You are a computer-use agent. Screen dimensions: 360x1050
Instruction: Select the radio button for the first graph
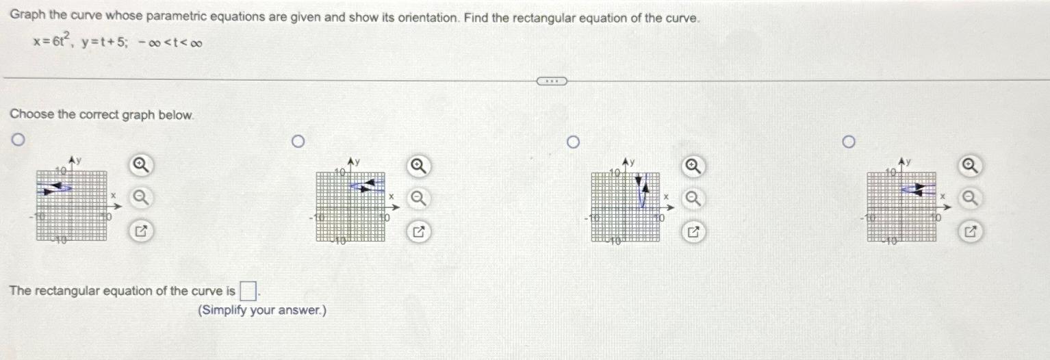point(20,141)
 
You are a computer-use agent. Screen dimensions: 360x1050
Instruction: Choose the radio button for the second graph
point(296,142)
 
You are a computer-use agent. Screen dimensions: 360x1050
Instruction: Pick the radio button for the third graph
point(574,142)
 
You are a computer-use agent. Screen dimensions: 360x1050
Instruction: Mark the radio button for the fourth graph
point(849,142)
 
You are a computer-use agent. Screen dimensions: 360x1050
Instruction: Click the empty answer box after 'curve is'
point(249,292)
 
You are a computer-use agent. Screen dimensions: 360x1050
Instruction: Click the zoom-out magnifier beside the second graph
point(418,198)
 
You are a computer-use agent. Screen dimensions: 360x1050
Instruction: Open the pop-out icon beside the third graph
point(693,232)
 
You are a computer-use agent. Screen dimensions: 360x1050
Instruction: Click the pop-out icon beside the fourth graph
point(970,232)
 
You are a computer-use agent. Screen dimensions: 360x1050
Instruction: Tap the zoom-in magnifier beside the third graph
point(693,165)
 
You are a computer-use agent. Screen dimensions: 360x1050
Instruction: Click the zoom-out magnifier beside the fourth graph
point(970,198)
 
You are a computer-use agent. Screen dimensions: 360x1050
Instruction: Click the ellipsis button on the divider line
point(552,81)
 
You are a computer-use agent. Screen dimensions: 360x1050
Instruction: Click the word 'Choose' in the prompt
point(31,114)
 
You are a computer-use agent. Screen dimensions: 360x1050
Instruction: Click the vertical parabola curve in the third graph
point(641,195)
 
